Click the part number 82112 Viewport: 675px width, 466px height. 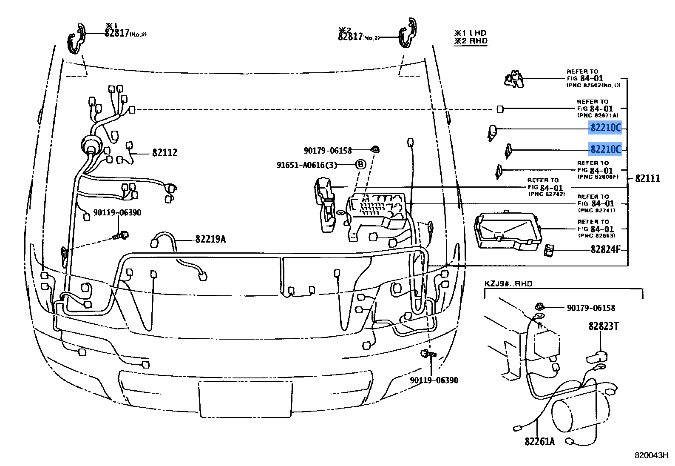click(x=165, y=153)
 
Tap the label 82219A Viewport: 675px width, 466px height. click(x=211, y=239)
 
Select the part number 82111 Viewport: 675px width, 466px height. click(x=648, y=179)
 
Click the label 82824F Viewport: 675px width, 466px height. click(x=606, y=249)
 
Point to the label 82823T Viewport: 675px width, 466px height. click(x=604, y=326)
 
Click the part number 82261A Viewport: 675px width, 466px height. click(x=540, y=442)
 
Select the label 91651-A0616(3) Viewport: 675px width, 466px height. click(x=307, y=165)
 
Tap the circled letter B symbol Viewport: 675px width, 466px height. click(x=360, y=165)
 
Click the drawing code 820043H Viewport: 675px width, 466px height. click(x=651, y=455)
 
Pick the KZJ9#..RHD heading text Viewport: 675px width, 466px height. click(x=508, y=284)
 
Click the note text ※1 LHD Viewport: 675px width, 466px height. click(x=471, y=33)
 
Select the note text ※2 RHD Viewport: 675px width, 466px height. click(x=471, y=41)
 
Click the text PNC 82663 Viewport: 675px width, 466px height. click(x=596, y=235)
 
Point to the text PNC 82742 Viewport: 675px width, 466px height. click(x=547, y=194)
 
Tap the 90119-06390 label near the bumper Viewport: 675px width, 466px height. click(x=434, y=380)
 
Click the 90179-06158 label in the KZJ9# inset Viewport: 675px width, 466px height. click(x=591, y=308)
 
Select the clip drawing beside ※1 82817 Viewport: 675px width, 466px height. click(x=77, y=39)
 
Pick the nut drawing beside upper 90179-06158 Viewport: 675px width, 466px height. click(x=375, y=150)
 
